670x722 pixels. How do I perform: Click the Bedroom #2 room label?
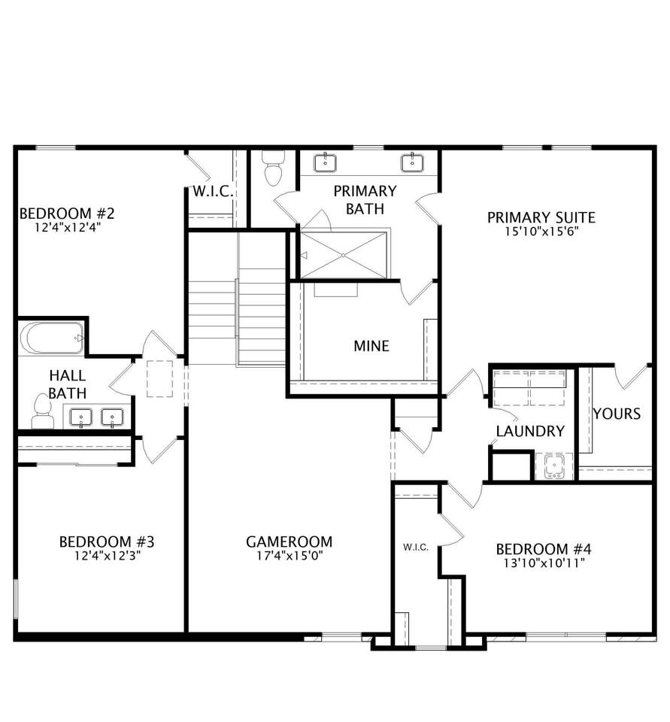67,214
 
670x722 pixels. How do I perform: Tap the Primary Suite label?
541,217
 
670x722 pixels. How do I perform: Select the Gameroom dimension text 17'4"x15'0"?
290,556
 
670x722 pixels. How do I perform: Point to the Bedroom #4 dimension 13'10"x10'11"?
544,563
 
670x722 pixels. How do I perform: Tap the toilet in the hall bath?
42,411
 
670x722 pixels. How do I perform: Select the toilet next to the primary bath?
273,168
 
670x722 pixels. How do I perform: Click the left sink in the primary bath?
325,163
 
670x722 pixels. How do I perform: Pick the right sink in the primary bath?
411,162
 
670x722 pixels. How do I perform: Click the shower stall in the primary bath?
344,255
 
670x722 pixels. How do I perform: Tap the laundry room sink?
553,466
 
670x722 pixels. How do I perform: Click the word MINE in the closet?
371,346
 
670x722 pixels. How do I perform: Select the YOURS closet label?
617,414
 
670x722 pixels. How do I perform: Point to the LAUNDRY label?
530,431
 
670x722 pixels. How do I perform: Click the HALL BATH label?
68,384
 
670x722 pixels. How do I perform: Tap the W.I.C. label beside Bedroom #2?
213,192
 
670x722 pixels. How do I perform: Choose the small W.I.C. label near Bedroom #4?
416,547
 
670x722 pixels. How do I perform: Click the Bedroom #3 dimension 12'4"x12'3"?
108,556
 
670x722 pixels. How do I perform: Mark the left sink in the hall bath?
81,417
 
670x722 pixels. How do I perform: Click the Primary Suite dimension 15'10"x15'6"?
541,231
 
